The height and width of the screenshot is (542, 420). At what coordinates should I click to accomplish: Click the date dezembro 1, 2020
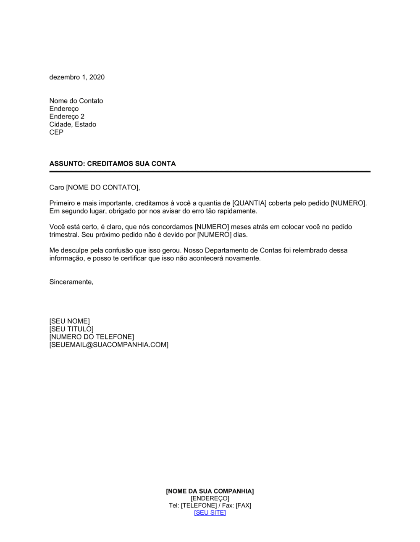[77, 77]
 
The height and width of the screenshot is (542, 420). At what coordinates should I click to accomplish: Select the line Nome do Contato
[76, 101]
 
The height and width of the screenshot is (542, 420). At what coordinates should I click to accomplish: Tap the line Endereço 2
[67, 116]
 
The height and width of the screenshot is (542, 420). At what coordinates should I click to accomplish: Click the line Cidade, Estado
[73, 124]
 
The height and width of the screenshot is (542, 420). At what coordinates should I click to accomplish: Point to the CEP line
[56, 132]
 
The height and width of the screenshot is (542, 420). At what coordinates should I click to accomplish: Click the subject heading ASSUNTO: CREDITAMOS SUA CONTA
[113, 164]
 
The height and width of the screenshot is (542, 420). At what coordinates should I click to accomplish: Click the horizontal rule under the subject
[210, 171]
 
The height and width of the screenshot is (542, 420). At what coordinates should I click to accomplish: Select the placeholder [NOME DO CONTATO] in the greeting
[102, 187]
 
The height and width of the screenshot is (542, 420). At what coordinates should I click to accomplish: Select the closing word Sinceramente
[71, 282]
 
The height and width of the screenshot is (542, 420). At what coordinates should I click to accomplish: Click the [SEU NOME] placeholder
[69, 321]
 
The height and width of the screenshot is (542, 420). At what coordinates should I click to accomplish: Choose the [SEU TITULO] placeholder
[71, 329]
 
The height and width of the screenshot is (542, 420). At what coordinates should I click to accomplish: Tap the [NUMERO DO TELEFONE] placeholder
[92, 337]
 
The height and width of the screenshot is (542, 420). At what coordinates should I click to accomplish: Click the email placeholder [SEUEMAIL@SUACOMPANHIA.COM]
[109, 345]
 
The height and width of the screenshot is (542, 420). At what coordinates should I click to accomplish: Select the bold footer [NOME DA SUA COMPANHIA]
[210, 491]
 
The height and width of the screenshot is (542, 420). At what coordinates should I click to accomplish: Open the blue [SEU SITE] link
[210, 513]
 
